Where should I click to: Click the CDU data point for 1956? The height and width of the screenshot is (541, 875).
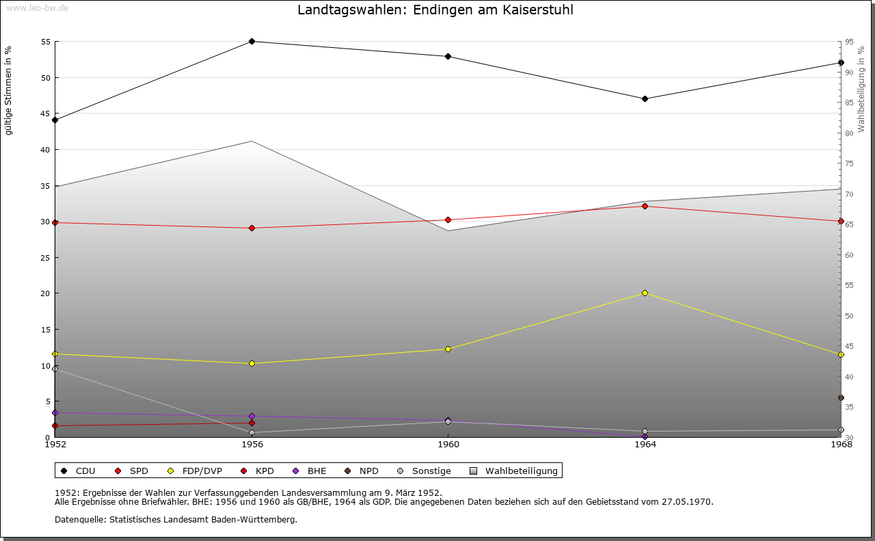[x=252, y=41]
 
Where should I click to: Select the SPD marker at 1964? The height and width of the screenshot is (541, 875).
[x=645, y=206]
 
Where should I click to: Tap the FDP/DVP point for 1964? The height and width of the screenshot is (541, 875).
[x=645, y=293]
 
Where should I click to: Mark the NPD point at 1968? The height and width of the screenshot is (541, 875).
[x=841, y=397]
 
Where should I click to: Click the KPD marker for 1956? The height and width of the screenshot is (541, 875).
[x=252, y=423]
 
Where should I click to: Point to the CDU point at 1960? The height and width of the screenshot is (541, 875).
[x=448, y=56]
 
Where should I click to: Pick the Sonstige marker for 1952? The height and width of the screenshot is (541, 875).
[x=55, y=369]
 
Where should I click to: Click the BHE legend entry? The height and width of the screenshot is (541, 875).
[x=310, y=471]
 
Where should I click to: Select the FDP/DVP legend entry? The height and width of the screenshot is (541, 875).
[x=196, y=471]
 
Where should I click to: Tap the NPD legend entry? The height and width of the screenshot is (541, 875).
[x=362, y=471]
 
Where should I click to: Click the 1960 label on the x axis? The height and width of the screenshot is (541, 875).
[x=448, y=445]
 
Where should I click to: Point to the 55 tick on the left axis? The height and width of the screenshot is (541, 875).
[x=46, y=42]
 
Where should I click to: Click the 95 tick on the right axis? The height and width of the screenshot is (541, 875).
[x=848, y=42]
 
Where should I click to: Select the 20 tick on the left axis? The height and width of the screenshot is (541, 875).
[x=46, y=293]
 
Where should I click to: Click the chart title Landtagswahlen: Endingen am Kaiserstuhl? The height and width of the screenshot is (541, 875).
[x=435, y=10]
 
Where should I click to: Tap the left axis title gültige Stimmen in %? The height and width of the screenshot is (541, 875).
[x=8, y=90]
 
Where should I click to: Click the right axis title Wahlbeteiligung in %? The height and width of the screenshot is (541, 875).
[x=861, y=89]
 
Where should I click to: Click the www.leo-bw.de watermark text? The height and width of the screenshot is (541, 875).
[x=36, y=8]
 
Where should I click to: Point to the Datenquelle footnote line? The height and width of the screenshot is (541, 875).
[x=176, y=519]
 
